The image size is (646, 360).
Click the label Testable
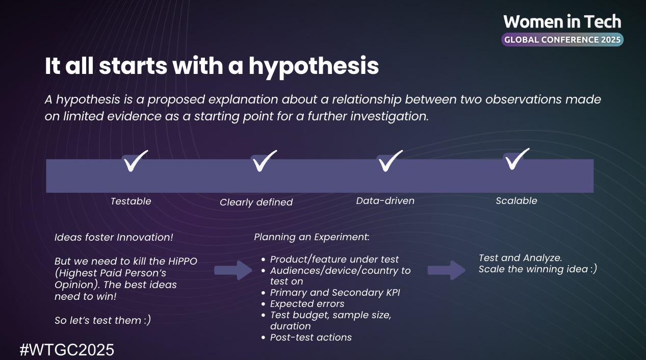tap(131, 201)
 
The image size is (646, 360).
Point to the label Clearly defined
tap(256, 202)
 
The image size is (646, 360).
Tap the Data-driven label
tap(385, 201)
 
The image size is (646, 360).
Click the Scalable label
tap(516, 201)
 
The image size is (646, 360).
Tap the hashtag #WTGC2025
tap(67, 350)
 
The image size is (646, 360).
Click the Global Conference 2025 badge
tap(562, 39)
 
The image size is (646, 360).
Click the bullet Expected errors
tap(307, 304)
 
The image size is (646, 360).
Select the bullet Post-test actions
tap(311, 338)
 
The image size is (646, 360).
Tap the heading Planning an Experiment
tap(312, 237)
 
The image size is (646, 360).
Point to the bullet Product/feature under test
tap(334, 260)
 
